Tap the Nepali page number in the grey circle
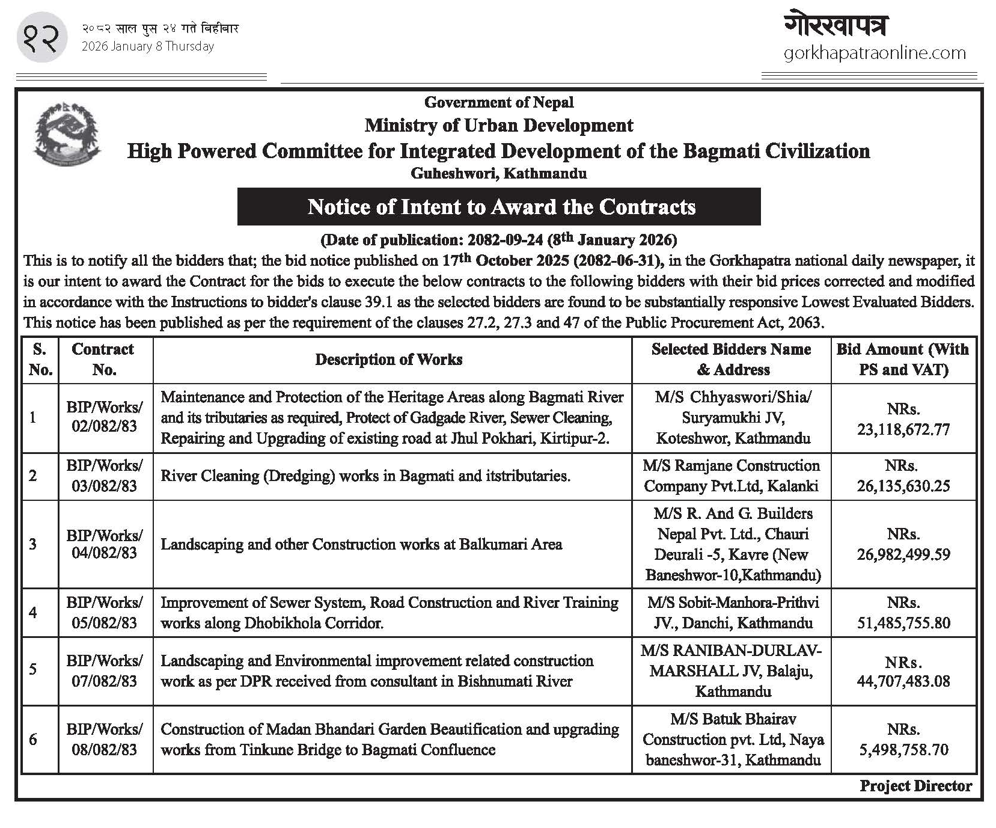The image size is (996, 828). [x=41, y=37]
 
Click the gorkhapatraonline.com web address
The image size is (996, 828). [x=875, y=54]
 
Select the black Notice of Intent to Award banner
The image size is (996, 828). [x=499, y=207]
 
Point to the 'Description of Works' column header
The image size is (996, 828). [x=389, y=360]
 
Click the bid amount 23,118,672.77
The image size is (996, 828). [x=903, y=429]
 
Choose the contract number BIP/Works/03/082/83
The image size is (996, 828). [x=105, y=476]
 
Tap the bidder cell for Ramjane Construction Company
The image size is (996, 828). [x=731, y=476]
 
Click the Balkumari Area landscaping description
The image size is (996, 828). [x=361, y=544]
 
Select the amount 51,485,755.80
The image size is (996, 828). [x=903, y=623]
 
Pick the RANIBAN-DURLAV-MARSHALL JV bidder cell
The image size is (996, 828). [x=731, y=670]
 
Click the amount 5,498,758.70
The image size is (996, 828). [x=903, y=750]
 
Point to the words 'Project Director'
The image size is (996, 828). [x=915, y=786]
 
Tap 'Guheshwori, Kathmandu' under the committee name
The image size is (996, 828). [x=498, y=174]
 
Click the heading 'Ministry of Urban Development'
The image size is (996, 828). [x=498, y=126]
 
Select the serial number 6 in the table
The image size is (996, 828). [x=33, y=739]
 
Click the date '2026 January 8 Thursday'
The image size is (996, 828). [x=148, y=46]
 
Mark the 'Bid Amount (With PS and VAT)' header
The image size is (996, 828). [x=903, y=360]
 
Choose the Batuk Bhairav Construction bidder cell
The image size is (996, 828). [x=732, y=740]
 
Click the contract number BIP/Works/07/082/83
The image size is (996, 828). [x=105, y=670]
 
